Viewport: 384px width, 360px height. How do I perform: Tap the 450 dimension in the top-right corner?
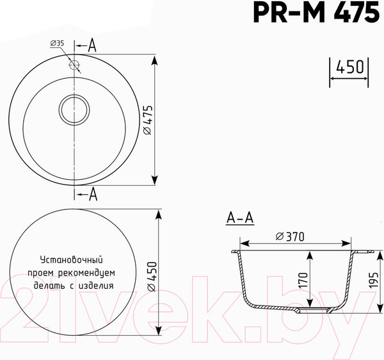tap(351, 67)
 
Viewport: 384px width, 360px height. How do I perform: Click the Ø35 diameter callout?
tap(58, 43)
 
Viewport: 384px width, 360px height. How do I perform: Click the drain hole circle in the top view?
tap(76, 110)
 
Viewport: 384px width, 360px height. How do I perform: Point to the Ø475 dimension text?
tap(147, 120)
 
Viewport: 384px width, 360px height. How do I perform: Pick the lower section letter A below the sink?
tap(92, 193)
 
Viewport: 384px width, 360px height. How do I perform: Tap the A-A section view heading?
tap(240, 218)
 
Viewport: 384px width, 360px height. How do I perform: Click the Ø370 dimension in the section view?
tap(289, 236)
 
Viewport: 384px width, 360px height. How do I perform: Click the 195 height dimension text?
tap(374, 279)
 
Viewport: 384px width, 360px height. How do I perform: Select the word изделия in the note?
tap(96, 286)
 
